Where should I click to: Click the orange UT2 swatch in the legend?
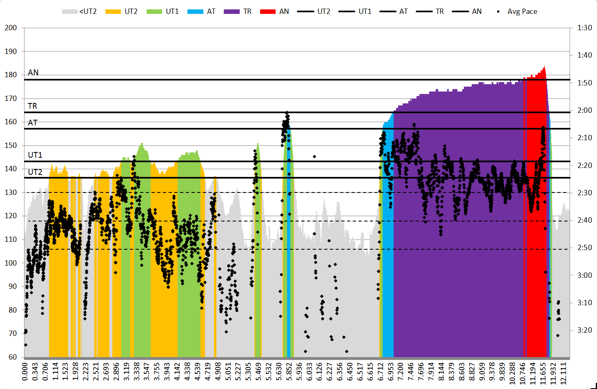click(113, 11)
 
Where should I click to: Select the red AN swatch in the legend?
click(268, 11)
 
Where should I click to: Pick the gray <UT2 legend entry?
click(79, 11)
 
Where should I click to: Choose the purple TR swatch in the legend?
click(232, 11)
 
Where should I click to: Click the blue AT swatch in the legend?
click(195, 11)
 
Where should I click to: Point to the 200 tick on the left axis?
click(11, 28)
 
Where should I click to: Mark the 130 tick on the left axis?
click(11, 192)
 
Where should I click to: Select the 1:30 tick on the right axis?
click(585, 28)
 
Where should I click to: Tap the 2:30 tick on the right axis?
click(585, 192)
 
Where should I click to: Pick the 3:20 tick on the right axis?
click(585, 330)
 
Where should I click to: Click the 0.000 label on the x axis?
click(25, 372)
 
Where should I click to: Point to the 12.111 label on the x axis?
click(564, 372)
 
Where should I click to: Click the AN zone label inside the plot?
click(33, 72)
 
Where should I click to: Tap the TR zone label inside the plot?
click(32, 106)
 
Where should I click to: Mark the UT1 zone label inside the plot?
click(35, 155)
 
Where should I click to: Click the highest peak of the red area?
click(544, 67)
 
